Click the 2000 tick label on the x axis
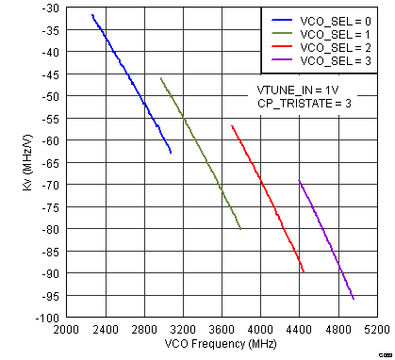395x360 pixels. click(x=65, y=331)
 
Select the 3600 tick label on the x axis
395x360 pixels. click(x=222, y=331)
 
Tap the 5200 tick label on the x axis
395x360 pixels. click(x=377, y=331)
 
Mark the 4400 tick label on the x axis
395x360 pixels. click(x=299, y=331)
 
